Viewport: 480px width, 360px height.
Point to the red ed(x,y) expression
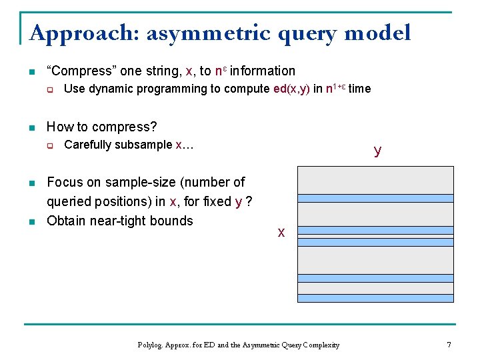point(291,89)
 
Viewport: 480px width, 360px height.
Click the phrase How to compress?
point(101,127)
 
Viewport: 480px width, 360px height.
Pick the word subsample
point(144,145)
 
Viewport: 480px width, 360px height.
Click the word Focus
point(63,182)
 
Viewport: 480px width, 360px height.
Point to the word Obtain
point(65,221)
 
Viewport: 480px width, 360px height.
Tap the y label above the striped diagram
point(378,150)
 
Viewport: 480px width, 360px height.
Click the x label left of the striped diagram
point(281,232)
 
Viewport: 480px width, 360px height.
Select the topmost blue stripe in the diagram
point(375,198)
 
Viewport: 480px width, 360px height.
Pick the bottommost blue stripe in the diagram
point(375,299)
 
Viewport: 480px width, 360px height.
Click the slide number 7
point(449,345)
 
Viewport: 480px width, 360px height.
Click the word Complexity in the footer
point(322,345)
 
